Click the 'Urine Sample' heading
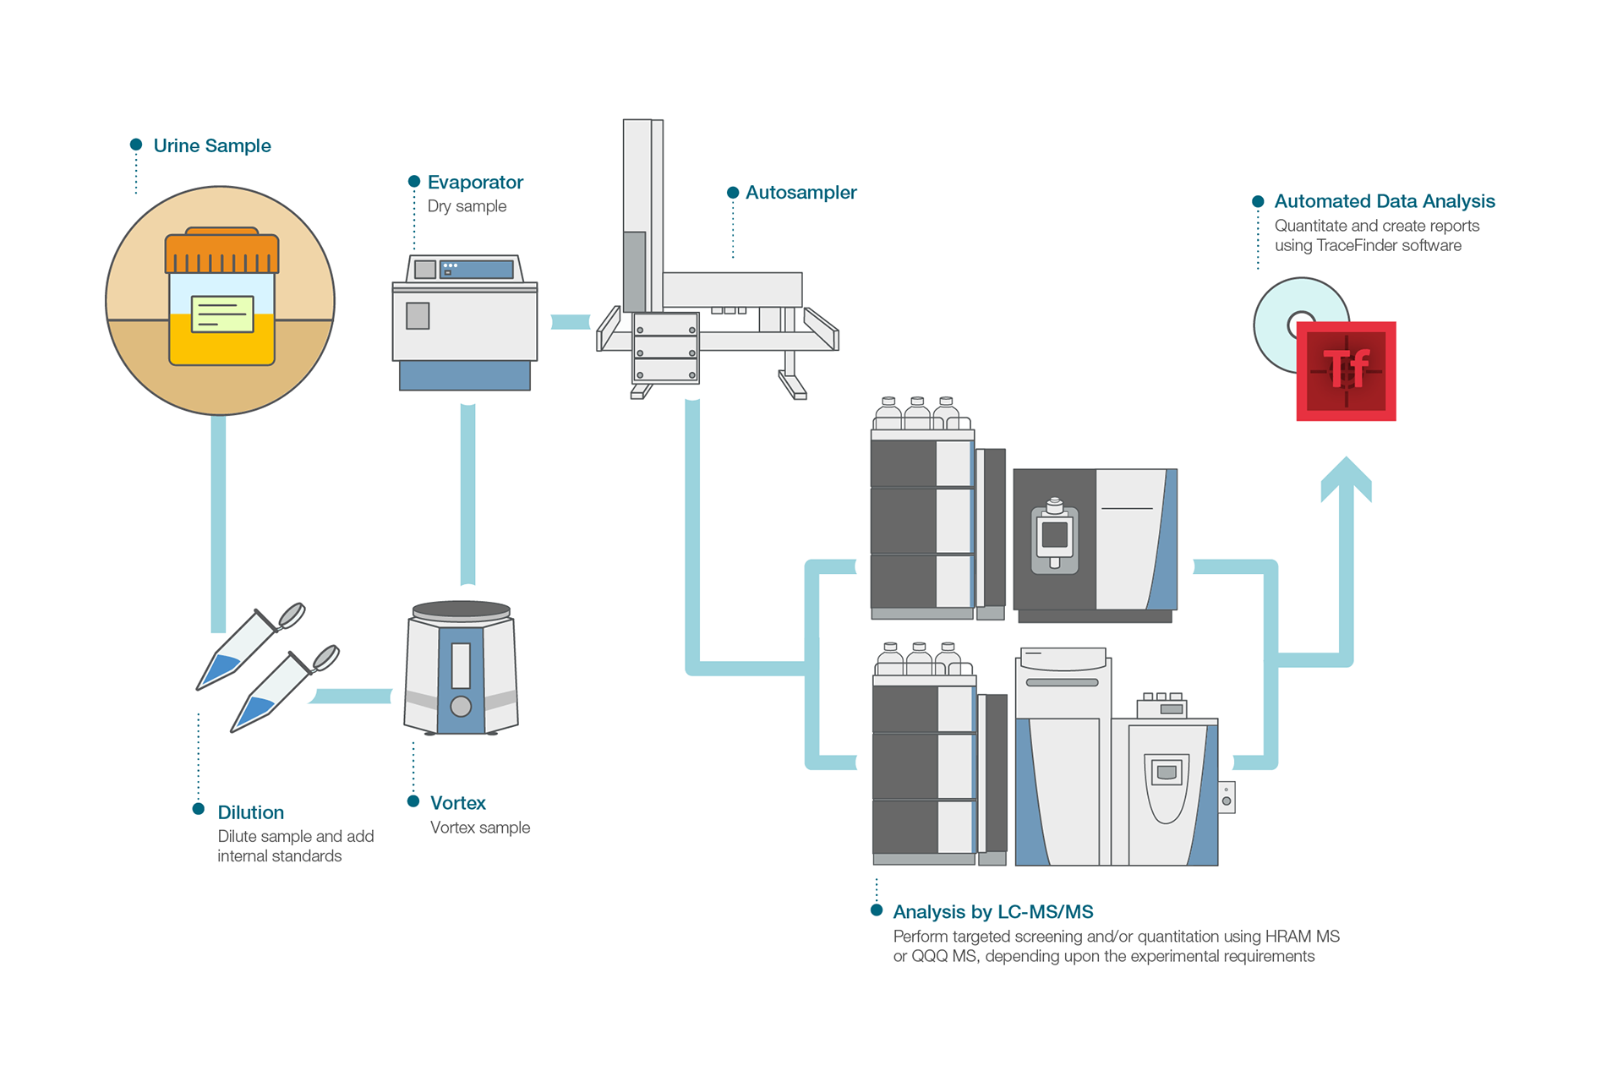point(212,145)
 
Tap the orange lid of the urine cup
point(221,251)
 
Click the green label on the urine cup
point(222,314)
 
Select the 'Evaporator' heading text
point(475,182)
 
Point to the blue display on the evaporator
point(477,270)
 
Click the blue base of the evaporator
point(465,375)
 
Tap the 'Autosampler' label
point(801,192)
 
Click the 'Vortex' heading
point(458,802)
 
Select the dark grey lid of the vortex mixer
point(461,610)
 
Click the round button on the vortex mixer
point(461,706)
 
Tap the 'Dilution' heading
point(251,812)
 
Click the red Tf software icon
point(1347,371)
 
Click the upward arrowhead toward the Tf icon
point(1347,478)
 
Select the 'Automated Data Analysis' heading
point(1385,201)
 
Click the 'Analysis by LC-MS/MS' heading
point(993,912)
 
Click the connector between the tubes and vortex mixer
point(351,697)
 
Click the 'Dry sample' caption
point(467,206)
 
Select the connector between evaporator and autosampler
point(571,322)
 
